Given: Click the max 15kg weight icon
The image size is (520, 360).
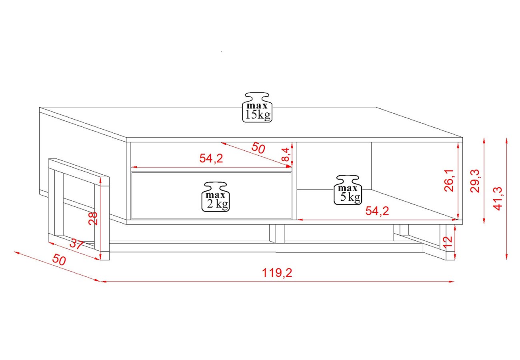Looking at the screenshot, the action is click(257, 107).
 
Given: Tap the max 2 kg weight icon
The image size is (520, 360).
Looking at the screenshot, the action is click(216, 197).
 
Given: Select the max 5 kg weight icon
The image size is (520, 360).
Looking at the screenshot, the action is click(348, 190).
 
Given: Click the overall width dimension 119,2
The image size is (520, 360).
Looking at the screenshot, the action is click(277, 273).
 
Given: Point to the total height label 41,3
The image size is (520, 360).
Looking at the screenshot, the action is click(498, 199).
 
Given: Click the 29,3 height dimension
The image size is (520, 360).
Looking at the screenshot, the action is click(475, 181).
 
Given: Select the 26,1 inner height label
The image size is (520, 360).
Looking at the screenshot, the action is click(449, 180).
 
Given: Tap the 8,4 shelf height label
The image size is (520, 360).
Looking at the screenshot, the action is click(286, 154).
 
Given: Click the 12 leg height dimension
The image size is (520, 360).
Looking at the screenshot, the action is click(448, 242).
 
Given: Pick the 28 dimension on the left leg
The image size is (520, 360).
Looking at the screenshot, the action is click(93, 218).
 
